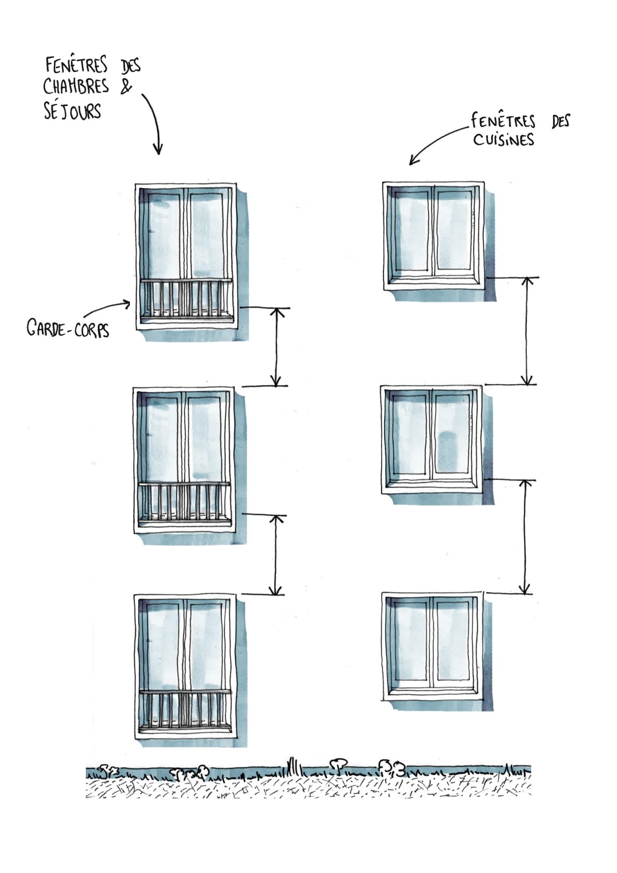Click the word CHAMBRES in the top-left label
(76, 86)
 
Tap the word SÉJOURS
(72, 111)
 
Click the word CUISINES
(503, 140)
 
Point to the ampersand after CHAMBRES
(126, 87)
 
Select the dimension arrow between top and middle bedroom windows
(277, 347)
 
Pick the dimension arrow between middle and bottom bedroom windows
(276, 555)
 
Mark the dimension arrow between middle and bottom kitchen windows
(524, 537)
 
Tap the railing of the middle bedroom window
(185, 503)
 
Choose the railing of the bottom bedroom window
(185, 711)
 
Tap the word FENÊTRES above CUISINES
(503, 121)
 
